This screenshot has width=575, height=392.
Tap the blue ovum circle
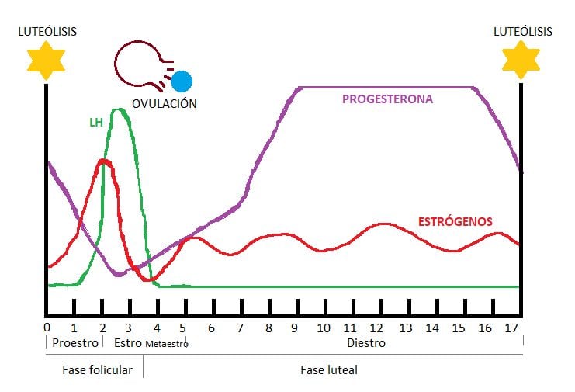pyautogui.click(x=182, y=81)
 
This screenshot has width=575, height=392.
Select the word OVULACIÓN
pyautogui.click(x=164, y=103)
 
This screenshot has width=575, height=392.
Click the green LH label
pyautogui.click(x=96, y=123)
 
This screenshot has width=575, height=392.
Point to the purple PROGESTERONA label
pyautogui.click(x=387, y=99)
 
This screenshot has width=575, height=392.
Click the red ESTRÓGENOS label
pyautogui.click(x=455, y=221)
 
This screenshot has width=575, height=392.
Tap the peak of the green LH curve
pyautogui.click(x=120, y=110)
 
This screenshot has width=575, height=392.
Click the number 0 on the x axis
pyautogui.click(x=47, y=327)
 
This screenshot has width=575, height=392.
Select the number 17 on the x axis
pyautogui.click(x=511, y=327)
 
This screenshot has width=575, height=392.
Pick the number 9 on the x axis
pyautogui.click(x=296, y=327)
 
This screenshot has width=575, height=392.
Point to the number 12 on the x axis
pyautogui.click(x=378, y=327)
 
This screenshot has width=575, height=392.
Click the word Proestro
pyautogui.click(x=74, y=342)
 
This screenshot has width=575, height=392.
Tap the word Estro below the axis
pyautogui.click(x=127, y=342)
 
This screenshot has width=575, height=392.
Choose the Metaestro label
pyautogui.click(x=165, y=343)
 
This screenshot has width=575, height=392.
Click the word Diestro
pyautogui.click(x=365, y=342)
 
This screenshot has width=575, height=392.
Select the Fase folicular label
pyautogui.click(x=97, y=370)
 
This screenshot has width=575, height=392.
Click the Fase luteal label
pyautogui.click(x=329, y=370)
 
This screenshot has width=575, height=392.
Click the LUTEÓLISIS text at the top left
pyautogui.click(x=47, y=31)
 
